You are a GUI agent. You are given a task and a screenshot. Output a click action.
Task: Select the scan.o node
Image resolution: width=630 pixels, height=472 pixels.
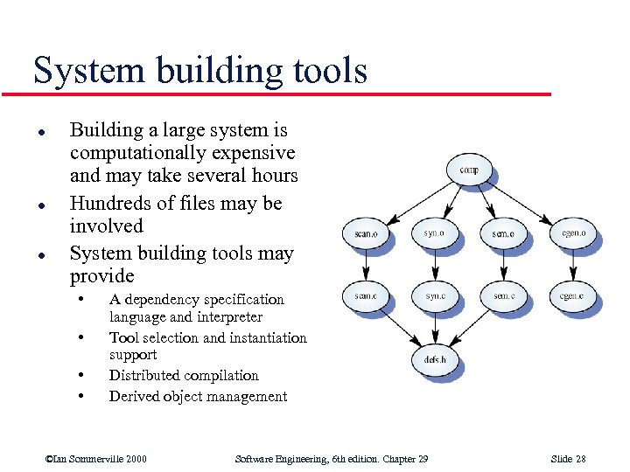tap(366, 233)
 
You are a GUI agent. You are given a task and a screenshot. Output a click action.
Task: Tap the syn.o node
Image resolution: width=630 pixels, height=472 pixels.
tap(434, 233)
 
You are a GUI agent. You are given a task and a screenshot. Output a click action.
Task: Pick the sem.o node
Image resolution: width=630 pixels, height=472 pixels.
tap(504, 233)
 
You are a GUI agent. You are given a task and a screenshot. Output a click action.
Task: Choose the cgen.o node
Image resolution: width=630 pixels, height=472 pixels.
tap(573, 233)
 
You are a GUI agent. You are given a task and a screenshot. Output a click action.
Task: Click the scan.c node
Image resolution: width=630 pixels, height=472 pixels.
tap(366, 297)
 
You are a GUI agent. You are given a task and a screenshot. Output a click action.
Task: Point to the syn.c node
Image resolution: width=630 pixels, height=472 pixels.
tap(434, 297)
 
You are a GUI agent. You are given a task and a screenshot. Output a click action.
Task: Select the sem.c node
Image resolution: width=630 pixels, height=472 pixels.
tap(504, 297)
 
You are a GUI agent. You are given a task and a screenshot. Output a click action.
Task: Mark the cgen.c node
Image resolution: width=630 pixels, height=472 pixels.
tap(573, 297)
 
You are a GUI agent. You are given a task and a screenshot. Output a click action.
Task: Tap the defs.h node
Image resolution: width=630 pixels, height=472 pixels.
tap(435, 360)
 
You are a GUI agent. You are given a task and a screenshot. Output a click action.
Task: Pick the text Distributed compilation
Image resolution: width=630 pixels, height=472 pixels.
tap(184, 376)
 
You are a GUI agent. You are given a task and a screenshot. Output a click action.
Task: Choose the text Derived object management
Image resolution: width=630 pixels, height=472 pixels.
tap(198, 397)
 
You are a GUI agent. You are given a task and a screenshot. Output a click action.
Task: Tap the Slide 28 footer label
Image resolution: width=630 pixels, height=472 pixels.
tap(569, 459)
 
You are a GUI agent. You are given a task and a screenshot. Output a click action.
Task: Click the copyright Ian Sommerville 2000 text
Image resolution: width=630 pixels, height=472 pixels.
tap(96, 459)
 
